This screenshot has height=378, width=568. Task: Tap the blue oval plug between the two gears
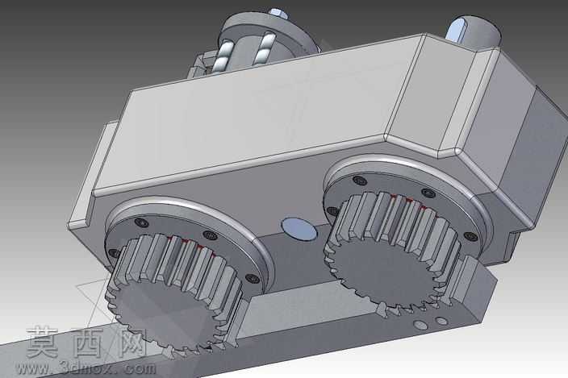299,229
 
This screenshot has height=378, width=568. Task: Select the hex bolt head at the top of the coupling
278,14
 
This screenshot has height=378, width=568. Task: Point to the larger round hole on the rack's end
420,325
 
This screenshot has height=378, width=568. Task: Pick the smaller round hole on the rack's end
441,321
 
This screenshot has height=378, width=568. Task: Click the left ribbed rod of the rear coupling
223,56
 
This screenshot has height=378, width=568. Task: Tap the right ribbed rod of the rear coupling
263,49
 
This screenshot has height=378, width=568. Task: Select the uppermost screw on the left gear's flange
141,222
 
